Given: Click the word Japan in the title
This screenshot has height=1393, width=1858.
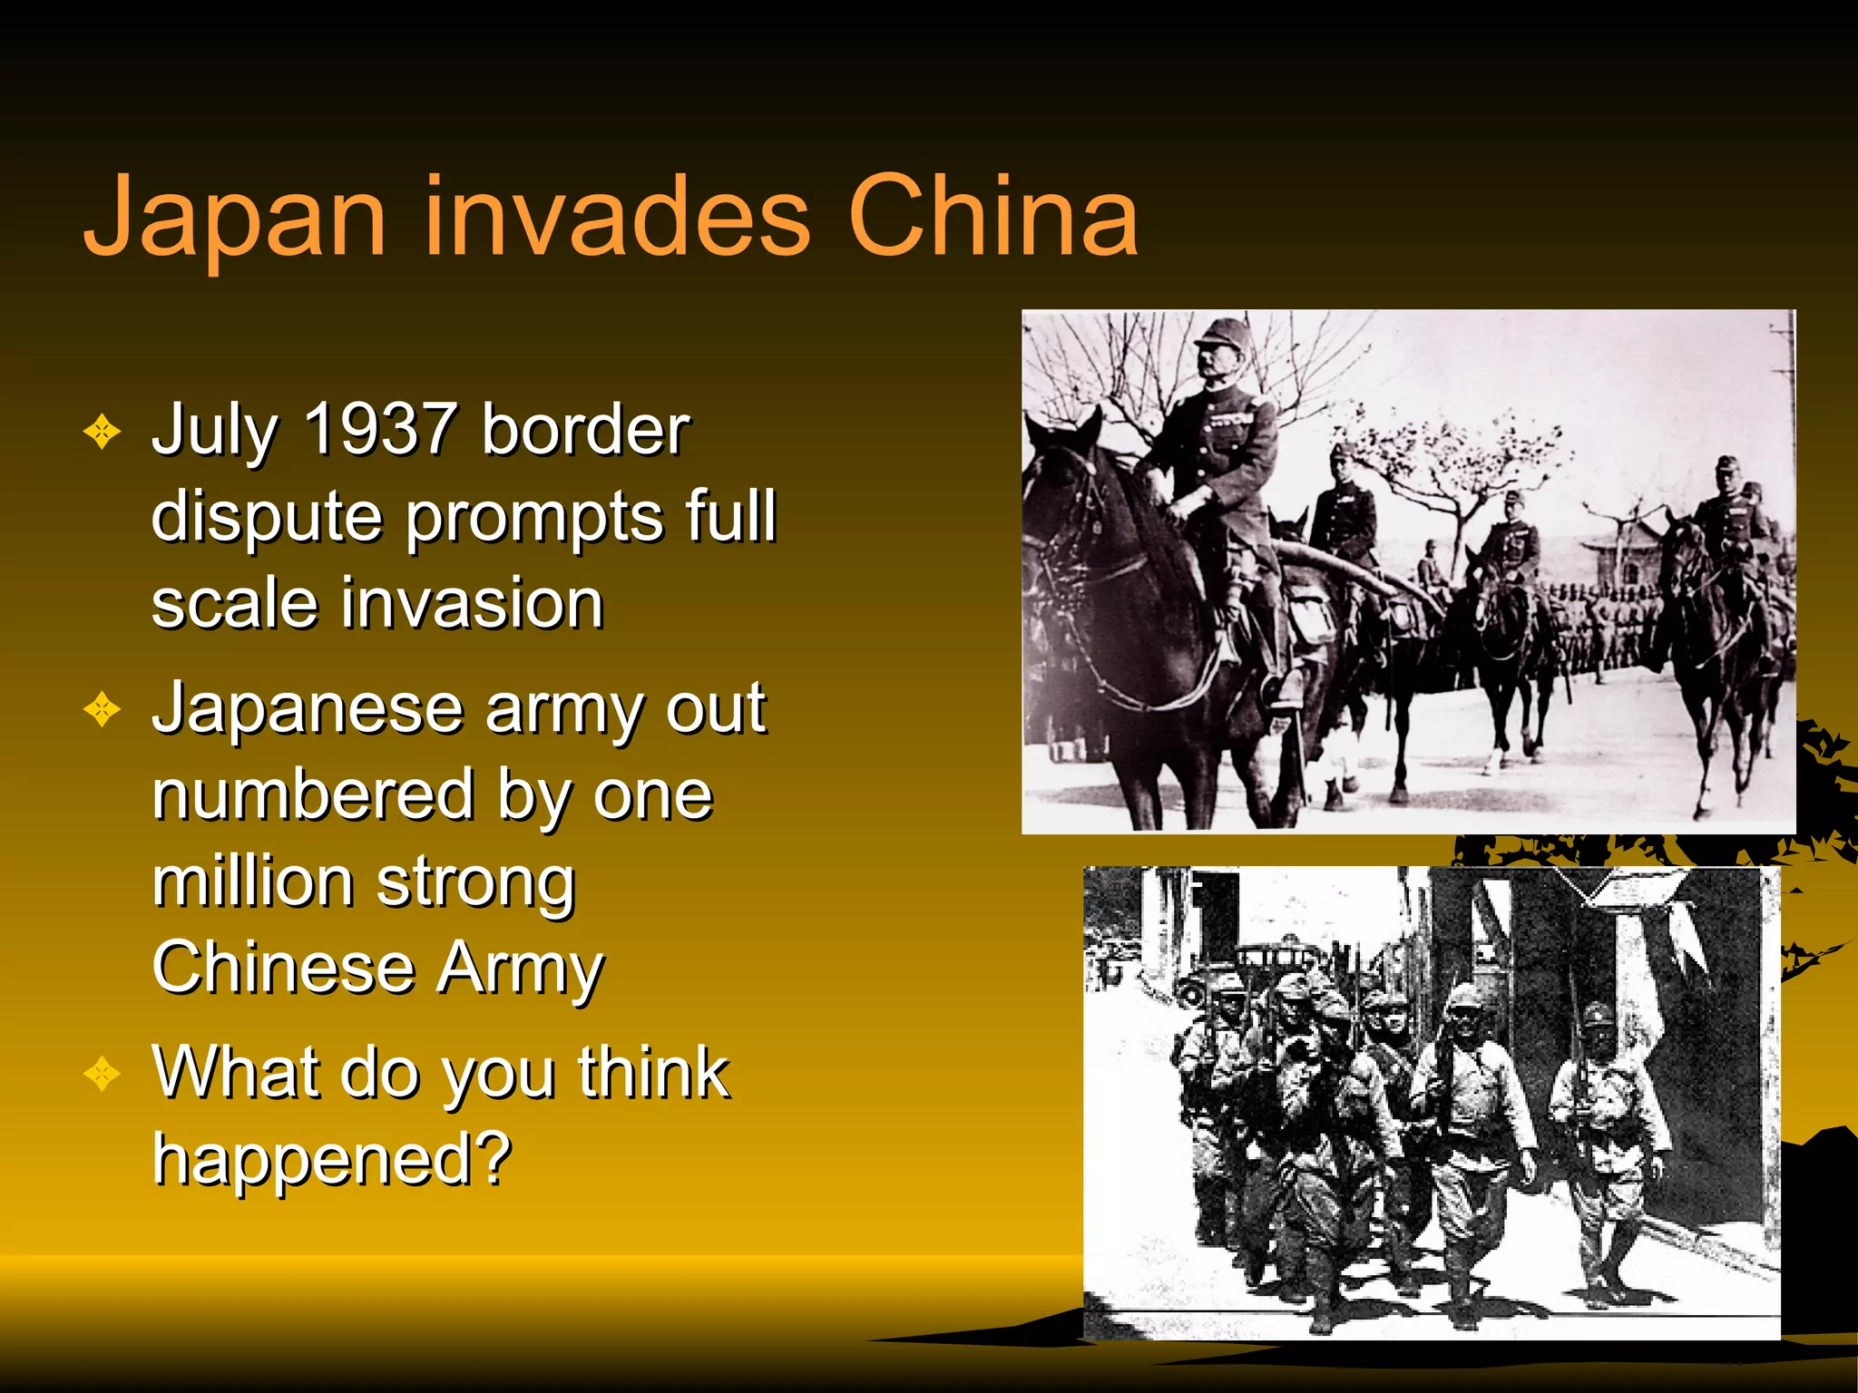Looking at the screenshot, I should tap(235, 218).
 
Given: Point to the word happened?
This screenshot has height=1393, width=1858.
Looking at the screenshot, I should tap(332, 1158).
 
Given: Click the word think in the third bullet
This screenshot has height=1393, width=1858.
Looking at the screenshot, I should tap(653, 1072).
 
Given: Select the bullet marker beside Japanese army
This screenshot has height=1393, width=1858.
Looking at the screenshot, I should tap(102, 710).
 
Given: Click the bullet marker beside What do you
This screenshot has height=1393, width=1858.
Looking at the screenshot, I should tap(102, 1075).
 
